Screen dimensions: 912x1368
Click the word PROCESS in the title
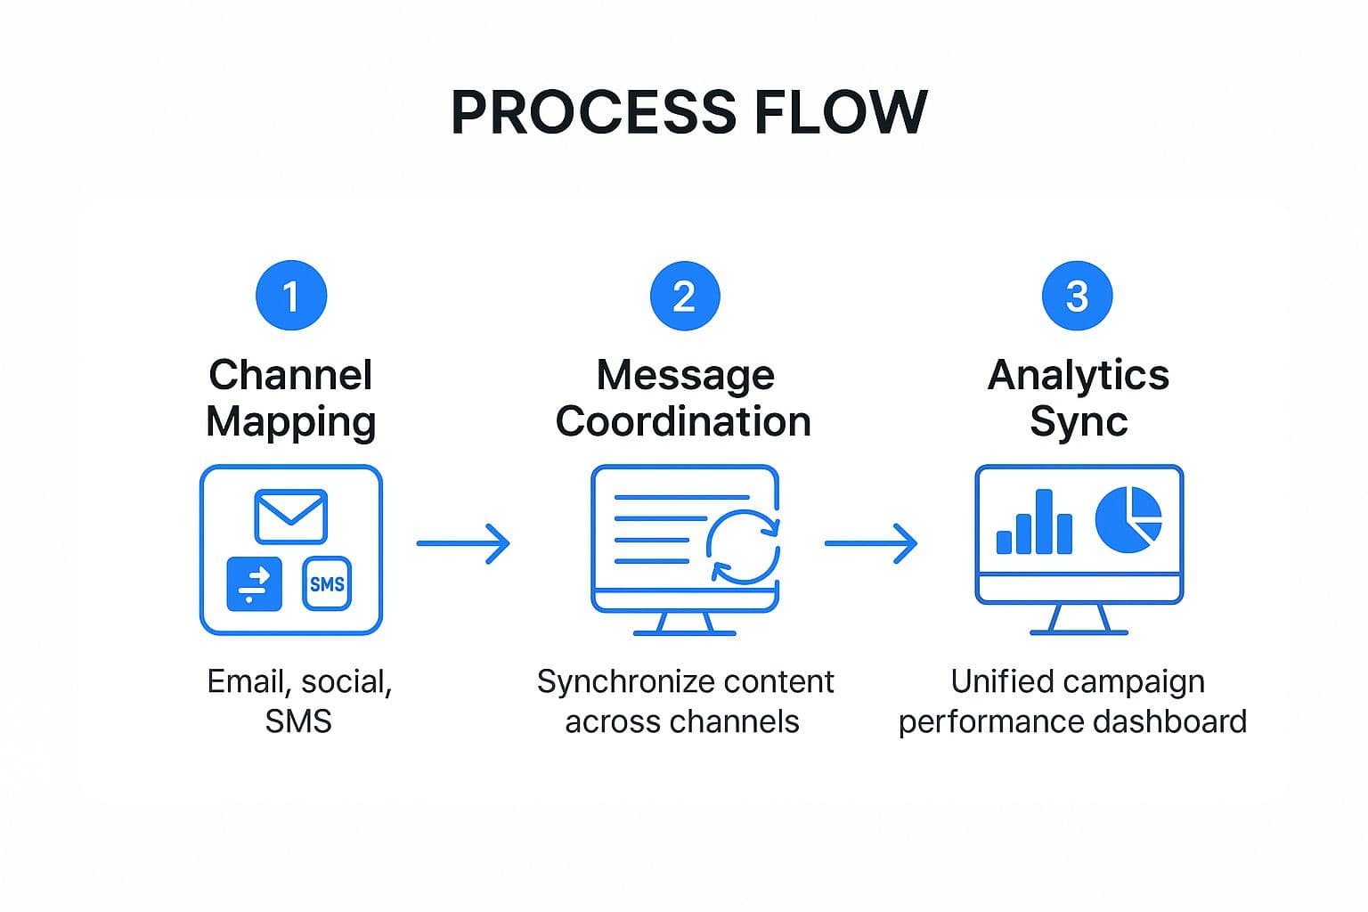click(x=593, y=112)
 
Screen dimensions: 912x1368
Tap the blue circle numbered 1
click(x=290, y=296)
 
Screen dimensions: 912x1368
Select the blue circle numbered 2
click(x=684, y=296)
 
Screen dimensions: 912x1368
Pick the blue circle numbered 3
click(x=1077, y=296)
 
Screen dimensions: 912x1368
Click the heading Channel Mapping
click(x=290, y=398)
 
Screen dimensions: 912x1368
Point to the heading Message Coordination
click(x=684, y=398)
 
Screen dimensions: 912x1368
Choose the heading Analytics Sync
click(x=1078, y=398)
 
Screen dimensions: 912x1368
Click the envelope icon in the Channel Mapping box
click(x=290, y=516)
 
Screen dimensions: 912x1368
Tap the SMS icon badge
click(x=327, y=584)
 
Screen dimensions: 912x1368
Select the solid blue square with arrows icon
click(x=254, y=584)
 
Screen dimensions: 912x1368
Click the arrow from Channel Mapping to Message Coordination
click(x=463, y=543)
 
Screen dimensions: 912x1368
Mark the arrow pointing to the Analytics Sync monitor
click(x=870, y=543)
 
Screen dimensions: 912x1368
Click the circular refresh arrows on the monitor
click(x=743, y=546)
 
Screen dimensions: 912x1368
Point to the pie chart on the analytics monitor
click(x=1128, y=519)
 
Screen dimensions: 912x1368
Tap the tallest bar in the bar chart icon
click(x=1044, y=522)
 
